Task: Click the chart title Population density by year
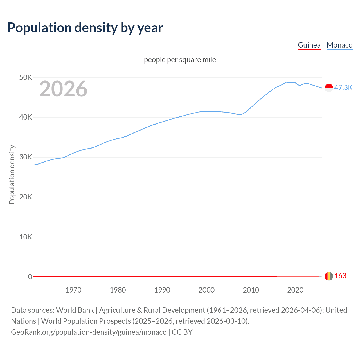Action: (x=85, y=28)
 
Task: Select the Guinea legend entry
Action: (x=309, y=45)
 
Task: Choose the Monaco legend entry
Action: (x=339, y=45)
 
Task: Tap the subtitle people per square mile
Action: (x=180, y=60)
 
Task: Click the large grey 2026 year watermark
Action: (x=63, y=89)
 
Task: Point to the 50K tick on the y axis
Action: (x=26, y=77)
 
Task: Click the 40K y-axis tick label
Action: (x=26, y=117)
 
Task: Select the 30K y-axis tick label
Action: (x=26, y=157)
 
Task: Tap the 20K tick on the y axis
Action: (x=26, y=197)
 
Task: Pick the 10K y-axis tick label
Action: (x=26, y=237)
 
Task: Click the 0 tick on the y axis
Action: (x=30, y=277)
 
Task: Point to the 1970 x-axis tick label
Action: (x=73, y=290)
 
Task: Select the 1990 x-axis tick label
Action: (x=162, y=290)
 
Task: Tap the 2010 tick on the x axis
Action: (x=251, y=290)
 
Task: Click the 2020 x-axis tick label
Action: (x=295, y=290)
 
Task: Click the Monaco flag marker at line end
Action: (x=329, y=88)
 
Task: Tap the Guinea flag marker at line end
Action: (x=329, y=276)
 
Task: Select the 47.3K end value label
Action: (x=343, y=87)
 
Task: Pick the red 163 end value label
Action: (x=340, y=276)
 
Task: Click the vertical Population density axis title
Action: (x=12, y=174)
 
